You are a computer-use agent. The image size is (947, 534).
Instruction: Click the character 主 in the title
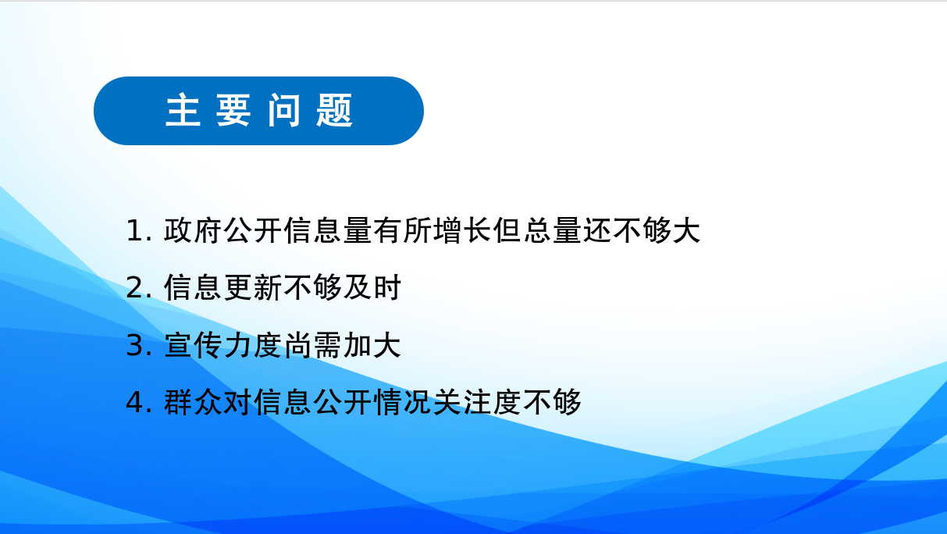183,110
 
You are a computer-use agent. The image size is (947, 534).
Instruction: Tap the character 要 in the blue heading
233,110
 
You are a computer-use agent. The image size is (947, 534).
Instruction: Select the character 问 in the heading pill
284,110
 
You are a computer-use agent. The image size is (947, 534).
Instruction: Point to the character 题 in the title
334,110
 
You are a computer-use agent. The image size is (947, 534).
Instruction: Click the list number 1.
135,231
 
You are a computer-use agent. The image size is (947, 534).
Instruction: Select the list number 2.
135,287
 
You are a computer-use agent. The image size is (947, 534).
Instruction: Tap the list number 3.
135,345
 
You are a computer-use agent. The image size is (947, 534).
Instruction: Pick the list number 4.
135,401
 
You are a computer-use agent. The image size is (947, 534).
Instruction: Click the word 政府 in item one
193,231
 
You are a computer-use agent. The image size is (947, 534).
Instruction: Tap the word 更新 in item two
253,287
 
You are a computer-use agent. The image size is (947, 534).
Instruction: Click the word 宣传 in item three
193,345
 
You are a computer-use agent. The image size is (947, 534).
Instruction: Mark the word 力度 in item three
253,345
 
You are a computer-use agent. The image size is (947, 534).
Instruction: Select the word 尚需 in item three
312,345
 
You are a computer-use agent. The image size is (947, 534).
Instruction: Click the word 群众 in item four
193,401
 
